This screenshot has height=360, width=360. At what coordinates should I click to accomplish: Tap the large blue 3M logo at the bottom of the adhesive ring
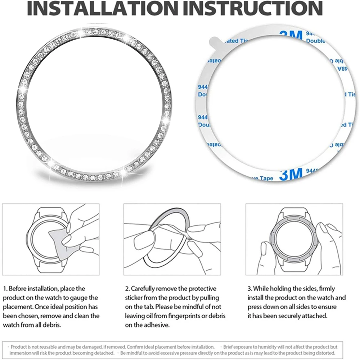click(x=291, y=175)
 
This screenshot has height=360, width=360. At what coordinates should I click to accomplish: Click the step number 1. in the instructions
click(x=5, y=288)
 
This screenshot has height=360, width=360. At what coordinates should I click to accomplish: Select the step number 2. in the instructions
click(x=127, y=288)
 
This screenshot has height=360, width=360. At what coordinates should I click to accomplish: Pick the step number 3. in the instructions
click(x=249, y=288)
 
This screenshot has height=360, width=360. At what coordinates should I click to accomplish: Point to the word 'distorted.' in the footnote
click(x=324, y=353)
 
